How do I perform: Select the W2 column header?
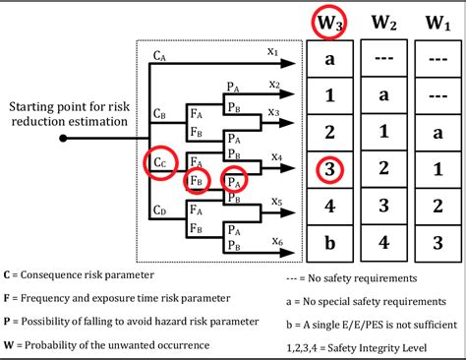coord(383,20)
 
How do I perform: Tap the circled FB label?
coord(198,180)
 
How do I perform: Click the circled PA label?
coord(233,180)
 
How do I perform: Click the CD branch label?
coord(160,210)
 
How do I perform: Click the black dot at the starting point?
coord(64,137)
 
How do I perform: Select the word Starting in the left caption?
coord(32,105)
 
